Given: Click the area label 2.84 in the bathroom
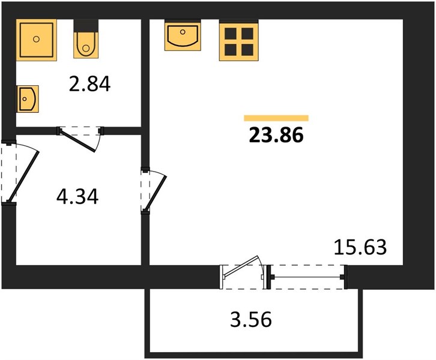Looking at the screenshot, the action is point(89,83).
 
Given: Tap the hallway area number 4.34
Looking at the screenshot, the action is point(77,196).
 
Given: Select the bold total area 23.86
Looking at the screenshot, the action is point(276,135).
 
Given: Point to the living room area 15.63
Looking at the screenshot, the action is point(360,247).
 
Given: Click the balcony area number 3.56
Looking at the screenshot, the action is point(251,319).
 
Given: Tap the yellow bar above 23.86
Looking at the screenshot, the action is point(276,118).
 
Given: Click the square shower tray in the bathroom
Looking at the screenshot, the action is point(36,40).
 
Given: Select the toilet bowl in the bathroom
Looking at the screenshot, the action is point(86,45).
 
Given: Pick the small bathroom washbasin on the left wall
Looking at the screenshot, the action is point(27,99).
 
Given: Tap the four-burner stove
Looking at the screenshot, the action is point(239,41).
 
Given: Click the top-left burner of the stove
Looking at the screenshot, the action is point(231,34).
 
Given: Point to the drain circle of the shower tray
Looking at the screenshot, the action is point(36,39).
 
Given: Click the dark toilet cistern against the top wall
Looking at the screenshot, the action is point(86,26).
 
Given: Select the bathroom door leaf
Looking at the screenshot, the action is point(77,142).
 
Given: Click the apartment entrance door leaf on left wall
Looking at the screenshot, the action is point(23,176).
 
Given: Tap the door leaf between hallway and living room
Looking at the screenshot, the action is point(156,193).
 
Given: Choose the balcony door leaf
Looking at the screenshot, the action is point(241,266).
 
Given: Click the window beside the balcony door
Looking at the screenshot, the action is point(307,277).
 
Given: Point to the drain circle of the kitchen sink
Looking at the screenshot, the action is point(183,32).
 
